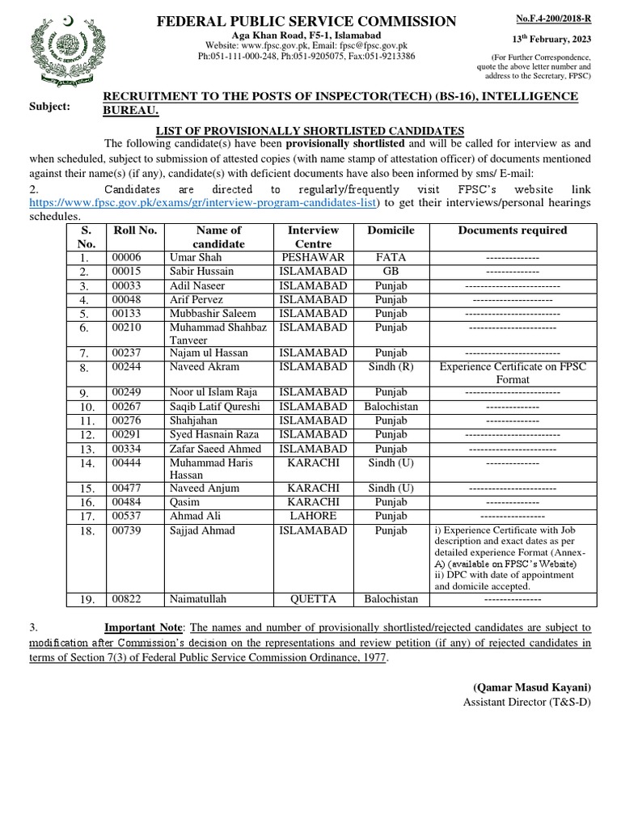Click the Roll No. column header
pos(134,230)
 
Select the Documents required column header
pos(512,230)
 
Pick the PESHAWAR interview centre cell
pos(313,257)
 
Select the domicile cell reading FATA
pos(391,257)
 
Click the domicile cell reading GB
pos(391,271)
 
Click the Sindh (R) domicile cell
pos(391,366)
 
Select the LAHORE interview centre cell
pos(313,516)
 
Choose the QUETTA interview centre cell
pos(313,599)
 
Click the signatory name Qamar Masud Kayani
pos(532,686)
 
